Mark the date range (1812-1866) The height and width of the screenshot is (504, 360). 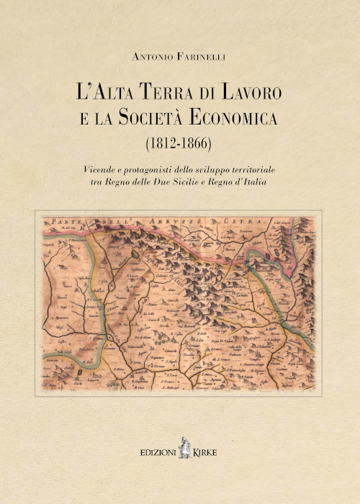(x=179, y=142)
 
